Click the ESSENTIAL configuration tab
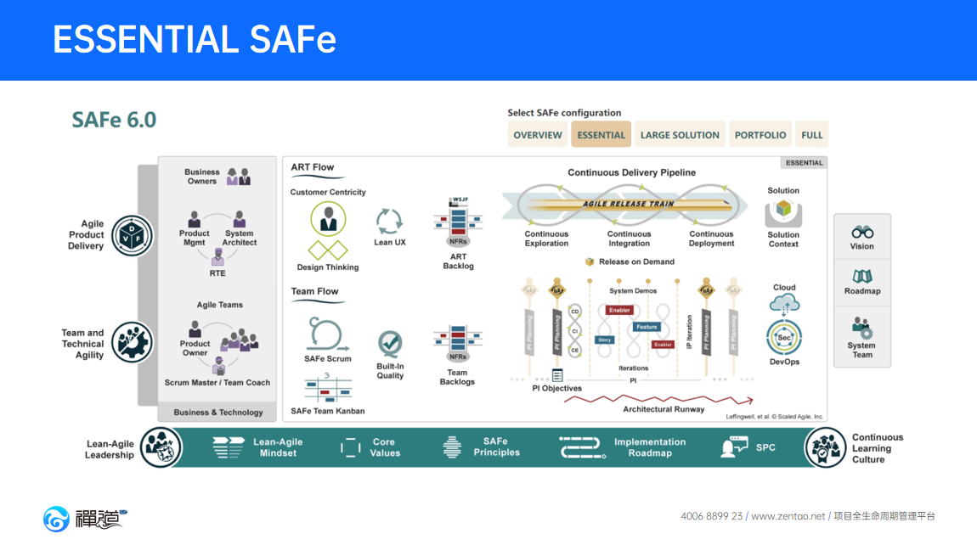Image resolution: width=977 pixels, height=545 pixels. [x=601, y=135]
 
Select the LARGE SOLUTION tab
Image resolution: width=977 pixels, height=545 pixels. [x=680, y=135]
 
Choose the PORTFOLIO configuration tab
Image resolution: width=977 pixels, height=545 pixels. [x=760, y=135]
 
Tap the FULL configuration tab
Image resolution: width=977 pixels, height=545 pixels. [x=811, y=135]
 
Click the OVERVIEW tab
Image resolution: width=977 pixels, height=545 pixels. [x=538, y=135]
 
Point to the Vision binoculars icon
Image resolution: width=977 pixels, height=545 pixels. [x=862, y=232]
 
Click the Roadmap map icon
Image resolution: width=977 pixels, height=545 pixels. [x=862, y=277]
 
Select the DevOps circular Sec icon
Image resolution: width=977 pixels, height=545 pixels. [x=784, y=337]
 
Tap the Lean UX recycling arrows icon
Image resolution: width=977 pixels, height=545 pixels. [x=389, y=222]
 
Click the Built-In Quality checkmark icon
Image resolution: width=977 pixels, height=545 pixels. [x=390, y=344]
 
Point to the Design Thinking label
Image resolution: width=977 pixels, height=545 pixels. [x=328, y=267]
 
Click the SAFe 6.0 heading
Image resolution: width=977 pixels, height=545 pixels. [x=114, y=120]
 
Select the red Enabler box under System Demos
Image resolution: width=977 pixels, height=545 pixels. [x=619, y=311]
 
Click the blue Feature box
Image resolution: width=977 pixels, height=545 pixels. [x=647, y=327]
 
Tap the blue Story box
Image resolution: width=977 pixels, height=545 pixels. [x=604, y=340]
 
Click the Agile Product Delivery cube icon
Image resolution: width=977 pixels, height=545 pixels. [x=133, y=235]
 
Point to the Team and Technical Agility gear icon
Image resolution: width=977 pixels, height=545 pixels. [x=132, y=343]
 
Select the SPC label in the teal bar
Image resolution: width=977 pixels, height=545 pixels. [x=765, y=447]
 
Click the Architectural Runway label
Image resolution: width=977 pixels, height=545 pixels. [x=664, y=409]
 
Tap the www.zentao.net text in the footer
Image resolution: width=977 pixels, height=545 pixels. [x=788, y=516]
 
